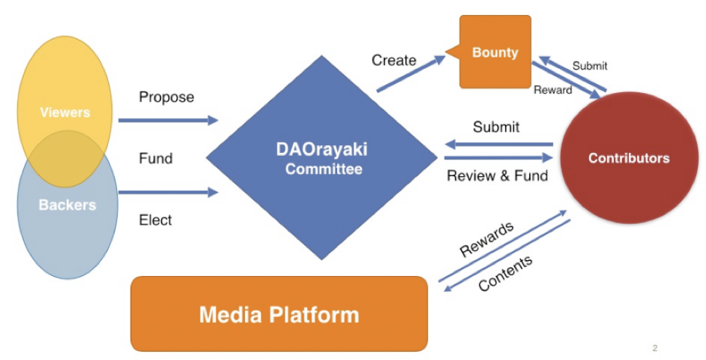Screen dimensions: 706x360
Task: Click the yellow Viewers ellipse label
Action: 65,112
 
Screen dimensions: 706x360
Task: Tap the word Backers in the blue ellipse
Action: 67,205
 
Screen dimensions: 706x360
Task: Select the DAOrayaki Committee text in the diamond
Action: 322,159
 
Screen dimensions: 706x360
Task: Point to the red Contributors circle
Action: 629,158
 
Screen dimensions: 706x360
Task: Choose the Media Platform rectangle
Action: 279,314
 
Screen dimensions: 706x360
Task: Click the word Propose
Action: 166,97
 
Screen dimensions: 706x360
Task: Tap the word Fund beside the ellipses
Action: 156,158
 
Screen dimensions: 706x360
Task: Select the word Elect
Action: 156,220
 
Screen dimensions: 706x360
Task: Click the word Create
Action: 394,61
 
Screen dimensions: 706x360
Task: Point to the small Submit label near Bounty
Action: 590,66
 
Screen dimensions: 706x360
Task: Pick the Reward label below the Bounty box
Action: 553,90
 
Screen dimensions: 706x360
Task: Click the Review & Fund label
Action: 497,175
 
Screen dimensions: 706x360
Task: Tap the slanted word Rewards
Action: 487,239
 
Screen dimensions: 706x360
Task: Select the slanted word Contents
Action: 506,272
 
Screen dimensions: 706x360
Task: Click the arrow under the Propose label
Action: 169,120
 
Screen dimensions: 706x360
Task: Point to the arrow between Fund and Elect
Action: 169,192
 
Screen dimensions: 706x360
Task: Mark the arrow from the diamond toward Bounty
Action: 410,74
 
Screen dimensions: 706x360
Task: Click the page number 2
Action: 655,348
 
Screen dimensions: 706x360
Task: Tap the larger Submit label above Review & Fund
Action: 496,127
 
